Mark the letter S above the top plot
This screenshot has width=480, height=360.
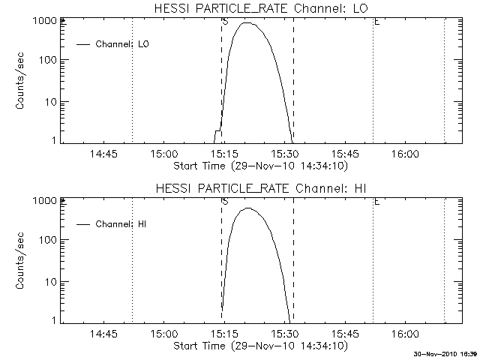coord(225,22)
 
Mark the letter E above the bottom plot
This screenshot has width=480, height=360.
coord(376,202)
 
